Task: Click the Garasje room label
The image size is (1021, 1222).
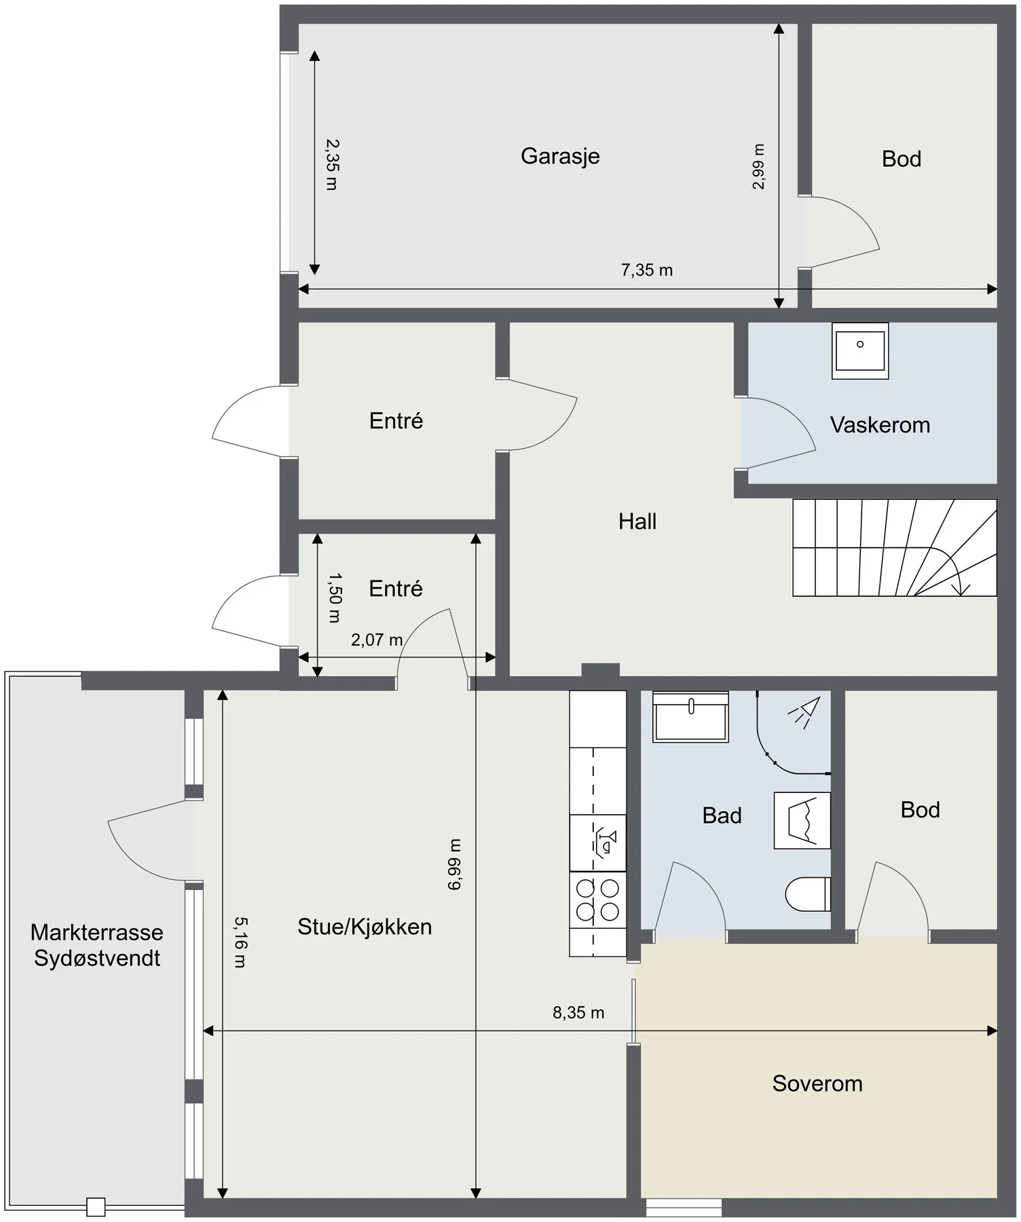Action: pyautogui.click(x=560, y=156)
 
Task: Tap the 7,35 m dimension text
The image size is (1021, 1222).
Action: pyautogui.click(x=647, y=270)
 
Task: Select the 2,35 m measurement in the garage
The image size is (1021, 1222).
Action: pyautogui.click(x=332, y=164)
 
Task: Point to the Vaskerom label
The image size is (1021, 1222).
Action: pyautogui.click(x=880, y=425)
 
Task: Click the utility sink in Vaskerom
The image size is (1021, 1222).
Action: pyautogui.click(x=860, y=350)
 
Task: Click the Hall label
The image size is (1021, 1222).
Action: pyautogui.click(x=637, y=521)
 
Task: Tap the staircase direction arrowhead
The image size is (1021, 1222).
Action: pyautogui.click(x=960, y=588)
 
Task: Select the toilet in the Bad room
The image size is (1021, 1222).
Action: pyautogui.click(x=808, y=893)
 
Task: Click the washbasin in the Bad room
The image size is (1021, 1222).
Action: pyautogui.click(x=690, y=716)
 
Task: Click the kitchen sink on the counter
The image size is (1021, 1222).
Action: pyautogui.click(x=598, y=843)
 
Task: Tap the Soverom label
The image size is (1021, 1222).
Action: pyautogui.click(x=817, y=1084)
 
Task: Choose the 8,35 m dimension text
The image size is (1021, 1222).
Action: pyautogui.click(x=578, y=1013)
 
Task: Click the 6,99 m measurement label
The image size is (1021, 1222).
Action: pyautogui.click(x=455, y=864)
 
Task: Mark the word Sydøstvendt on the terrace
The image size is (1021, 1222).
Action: pyautogui.click(x=97, y=959)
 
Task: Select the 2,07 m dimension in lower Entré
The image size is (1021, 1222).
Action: pyautogui.click(x=377, y=640)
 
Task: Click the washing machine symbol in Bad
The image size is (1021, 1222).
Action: pyautogui.click(x=802, y=820)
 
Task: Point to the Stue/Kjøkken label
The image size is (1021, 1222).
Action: pyautogui.click(x=365, y=927)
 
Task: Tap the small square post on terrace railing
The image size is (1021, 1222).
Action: pyautogui.click(x=96, y=1207)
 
